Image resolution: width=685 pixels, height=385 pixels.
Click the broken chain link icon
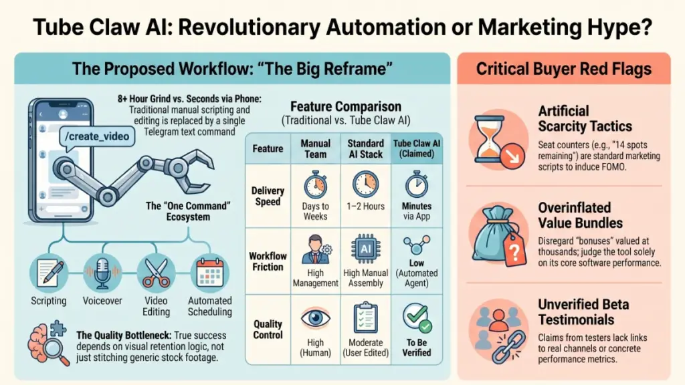(508, 347)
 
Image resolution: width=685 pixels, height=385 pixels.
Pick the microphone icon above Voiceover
(102, 273)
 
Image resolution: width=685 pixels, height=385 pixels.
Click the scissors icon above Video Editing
(156, 273)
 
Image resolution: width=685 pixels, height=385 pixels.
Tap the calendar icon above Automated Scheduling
(210, 273)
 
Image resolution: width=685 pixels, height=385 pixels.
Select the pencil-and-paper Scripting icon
(49, 273)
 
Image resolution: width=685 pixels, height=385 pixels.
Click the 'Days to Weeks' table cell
(316, 196)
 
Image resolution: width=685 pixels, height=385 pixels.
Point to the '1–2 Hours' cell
(366, 196)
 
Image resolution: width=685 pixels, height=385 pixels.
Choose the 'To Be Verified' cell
(417, 330)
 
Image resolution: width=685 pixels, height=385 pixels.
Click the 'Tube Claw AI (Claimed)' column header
(417, 148)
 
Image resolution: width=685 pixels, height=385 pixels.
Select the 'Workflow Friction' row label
(268, 261)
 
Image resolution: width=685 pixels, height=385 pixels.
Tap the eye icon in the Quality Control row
(315, 318)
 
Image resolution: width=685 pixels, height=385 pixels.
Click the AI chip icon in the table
(366, 249)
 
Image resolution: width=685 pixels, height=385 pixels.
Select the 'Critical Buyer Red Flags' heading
(563, 69)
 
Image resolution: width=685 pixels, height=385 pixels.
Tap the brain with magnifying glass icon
(49, 343)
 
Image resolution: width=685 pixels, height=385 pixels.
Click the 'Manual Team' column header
(316, 148)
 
